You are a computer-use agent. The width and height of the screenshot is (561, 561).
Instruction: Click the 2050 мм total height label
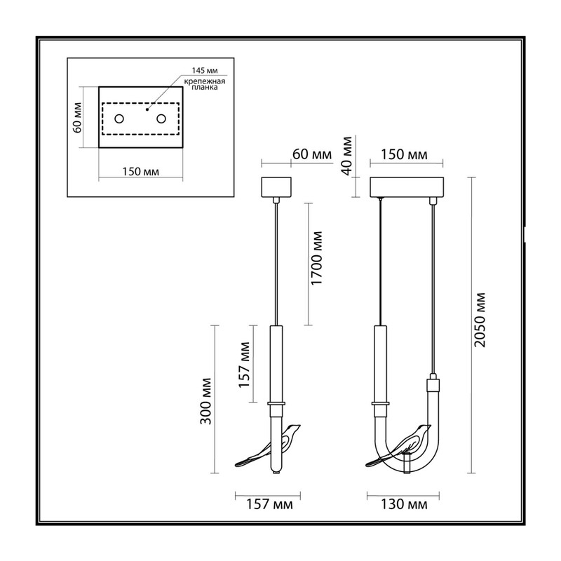click(480, 320)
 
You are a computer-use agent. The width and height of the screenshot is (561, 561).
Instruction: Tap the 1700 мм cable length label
click(317, 258)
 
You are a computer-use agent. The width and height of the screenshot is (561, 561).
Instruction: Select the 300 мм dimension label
click(205, 401)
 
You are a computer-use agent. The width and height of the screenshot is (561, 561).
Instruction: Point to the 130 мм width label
click(404, 504)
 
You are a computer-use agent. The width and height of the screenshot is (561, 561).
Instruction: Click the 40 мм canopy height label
click(346, 156)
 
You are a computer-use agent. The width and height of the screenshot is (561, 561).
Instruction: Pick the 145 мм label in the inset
click(205, 71)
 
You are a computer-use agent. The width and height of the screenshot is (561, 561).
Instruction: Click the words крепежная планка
click(205, 84)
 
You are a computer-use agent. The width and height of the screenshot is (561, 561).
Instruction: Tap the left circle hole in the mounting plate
click(119, 119)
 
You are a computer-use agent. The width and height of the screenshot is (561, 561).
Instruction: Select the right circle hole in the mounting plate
click(161, 119)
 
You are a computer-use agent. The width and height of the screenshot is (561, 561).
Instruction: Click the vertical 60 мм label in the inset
click(77, 118)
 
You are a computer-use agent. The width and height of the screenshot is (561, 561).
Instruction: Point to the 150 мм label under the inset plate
click(141, 172)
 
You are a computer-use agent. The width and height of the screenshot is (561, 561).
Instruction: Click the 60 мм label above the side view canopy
click(312, 154)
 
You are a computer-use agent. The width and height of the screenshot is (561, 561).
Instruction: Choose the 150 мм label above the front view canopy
click(404, 154)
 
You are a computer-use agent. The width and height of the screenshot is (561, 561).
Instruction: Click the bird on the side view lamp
click(269, 447)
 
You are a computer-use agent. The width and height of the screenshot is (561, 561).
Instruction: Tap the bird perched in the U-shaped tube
click(399, 447)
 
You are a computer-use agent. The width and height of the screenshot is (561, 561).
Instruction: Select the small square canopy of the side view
click(276, 187)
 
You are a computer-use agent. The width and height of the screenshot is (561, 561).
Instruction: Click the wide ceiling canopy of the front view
click(407, 187)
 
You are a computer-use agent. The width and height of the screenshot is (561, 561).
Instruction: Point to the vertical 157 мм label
click(244, 365)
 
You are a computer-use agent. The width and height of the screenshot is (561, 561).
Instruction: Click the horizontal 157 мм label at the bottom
click(269, 504)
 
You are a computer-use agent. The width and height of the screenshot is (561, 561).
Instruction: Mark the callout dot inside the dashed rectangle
click(147, 109)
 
